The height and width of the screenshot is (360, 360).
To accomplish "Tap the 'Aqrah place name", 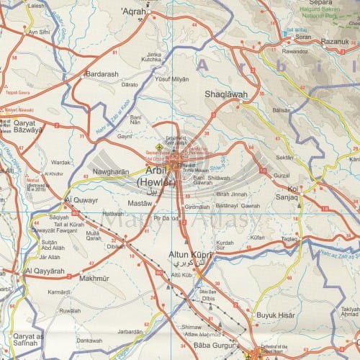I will coord(134,12).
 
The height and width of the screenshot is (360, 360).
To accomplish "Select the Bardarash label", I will coord(103,73).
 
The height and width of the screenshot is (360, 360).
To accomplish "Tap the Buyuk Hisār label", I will coord(275,314).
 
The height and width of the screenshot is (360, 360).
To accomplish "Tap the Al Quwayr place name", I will coord(80,200).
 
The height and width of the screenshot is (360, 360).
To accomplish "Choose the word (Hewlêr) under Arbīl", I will coord(156,184).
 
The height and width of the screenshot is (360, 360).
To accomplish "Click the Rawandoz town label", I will coord(276,52).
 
